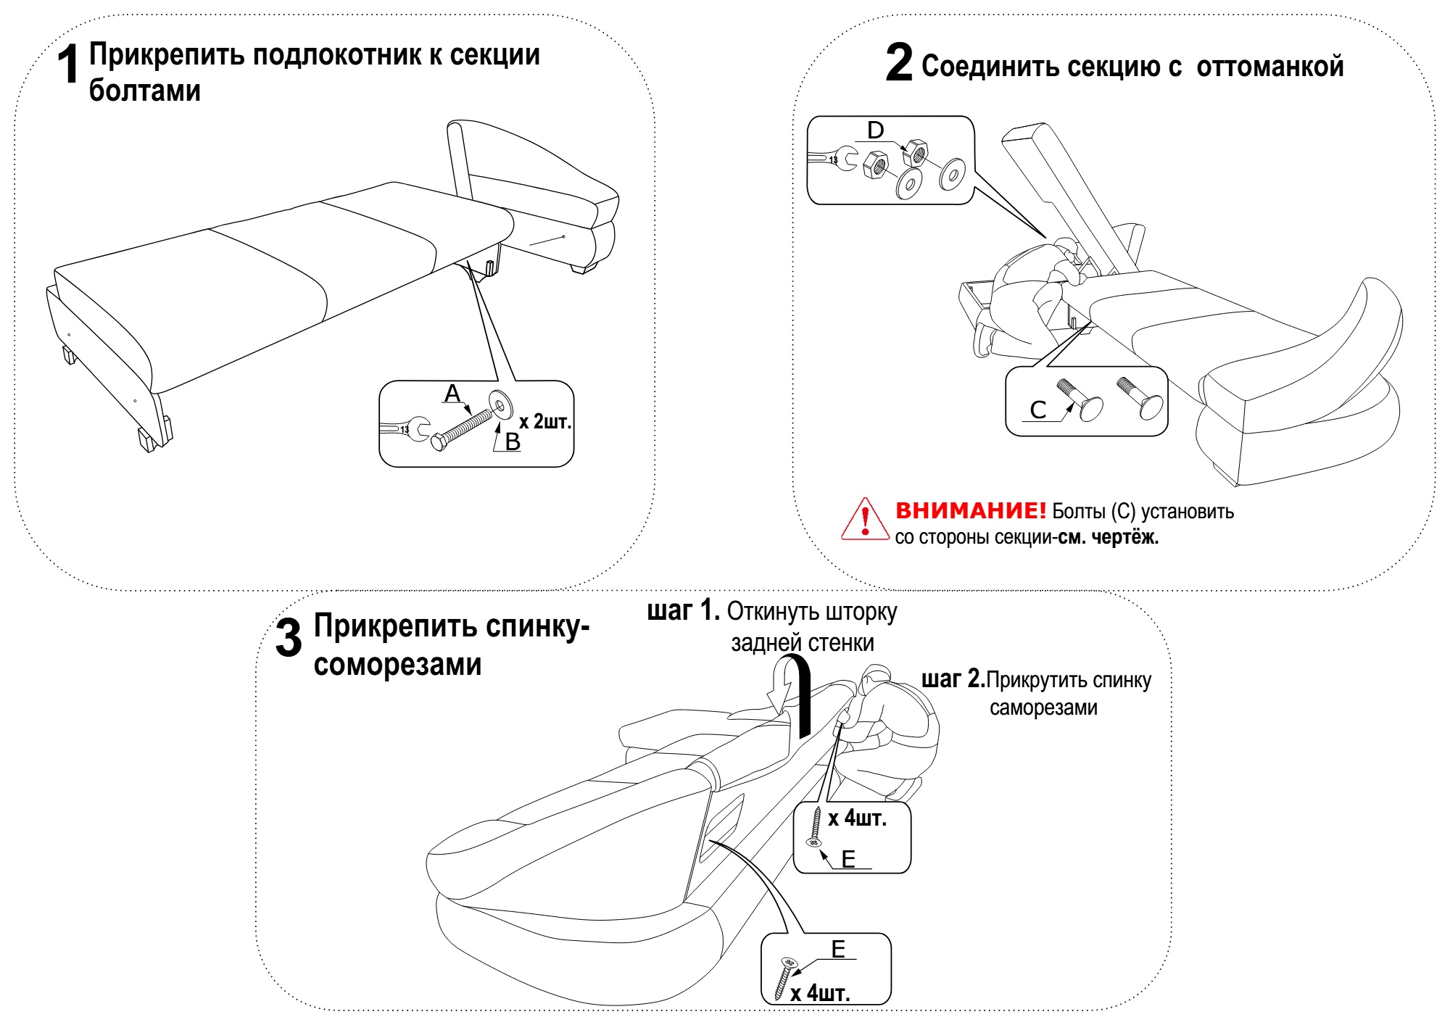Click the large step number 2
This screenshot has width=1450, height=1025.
(899, 63)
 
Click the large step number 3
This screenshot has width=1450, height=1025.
(289, 639)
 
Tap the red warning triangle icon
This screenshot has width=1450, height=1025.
(864, 520)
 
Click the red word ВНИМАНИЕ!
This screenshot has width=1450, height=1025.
(970, 510)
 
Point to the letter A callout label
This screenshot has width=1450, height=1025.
(452, 394)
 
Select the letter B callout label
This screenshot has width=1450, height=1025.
(513, 441)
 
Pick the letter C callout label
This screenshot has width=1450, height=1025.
(1038, 410)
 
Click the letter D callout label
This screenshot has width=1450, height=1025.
(876, 130)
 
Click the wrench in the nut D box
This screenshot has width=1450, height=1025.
(832, 159)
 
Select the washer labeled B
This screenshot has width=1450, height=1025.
(500, 403)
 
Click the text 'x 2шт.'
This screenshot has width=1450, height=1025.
(545, 421)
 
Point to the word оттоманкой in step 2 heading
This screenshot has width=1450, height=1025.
(1269, 67)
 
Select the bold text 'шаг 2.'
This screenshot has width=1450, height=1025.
(953, 679)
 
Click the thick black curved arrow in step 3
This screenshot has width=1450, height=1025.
(800, 696)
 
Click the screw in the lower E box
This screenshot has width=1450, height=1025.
(784, 978)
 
